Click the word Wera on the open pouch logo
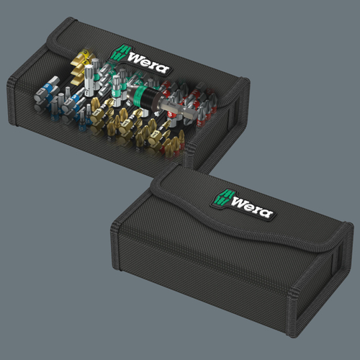148,63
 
